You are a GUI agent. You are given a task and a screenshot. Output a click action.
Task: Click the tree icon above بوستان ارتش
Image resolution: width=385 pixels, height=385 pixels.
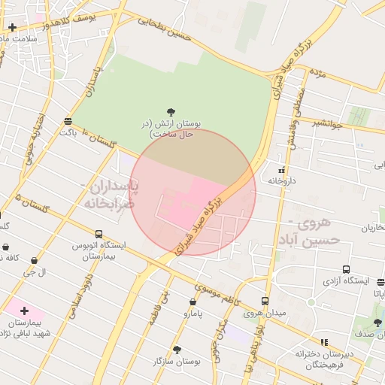pyautogui.click(x=172, y=112)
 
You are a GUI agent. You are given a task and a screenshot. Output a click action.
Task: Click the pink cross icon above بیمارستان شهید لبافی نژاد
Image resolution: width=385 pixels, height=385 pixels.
pyautogui.click(x=24, y=310)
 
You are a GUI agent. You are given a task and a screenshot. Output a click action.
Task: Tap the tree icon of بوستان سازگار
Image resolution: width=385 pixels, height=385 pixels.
pyautogui.click(x=177, y=350)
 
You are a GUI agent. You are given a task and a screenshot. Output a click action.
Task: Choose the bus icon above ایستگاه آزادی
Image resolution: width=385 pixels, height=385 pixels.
pyautogui.click(x=346, y=269)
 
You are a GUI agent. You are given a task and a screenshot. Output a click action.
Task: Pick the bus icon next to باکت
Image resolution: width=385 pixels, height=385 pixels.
pyautogui.click(x=68, y=121)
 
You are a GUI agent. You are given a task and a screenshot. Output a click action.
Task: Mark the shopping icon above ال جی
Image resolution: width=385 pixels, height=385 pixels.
pyautogui.click(x=33, y=261)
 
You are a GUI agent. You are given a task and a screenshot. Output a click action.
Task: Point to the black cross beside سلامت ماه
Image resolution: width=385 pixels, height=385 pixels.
pyautogui.click(x=12, y=28)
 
